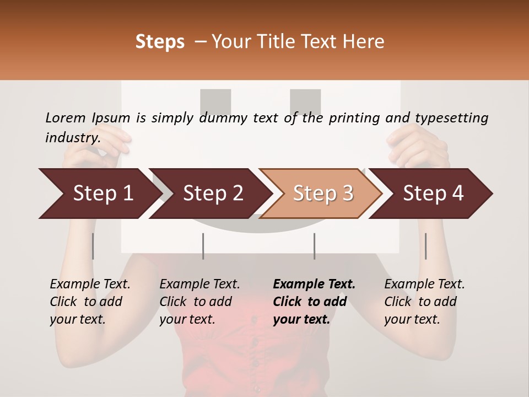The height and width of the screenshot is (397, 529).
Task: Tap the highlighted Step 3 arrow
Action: pyautogui.click(x=322, y=194)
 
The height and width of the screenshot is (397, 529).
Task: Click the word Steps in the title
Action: pyautogui.click(x=160, y=42)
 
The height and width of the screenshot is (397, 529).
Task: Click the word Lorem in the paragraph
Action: pyautogui.click(x=66, y=117)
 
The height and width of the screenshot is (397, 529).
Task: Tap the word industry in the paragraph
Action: pyautogui.click(x=72, y=137)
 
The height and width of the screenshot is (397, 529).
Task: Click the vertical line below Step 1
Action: pyautogui.click(x=93, y=246)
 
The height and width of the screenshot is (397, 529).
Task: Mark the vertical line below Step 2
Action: pyautogui.click(x=203, y=246)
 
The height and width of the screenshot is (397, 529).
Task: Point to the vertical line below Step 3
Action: pyautogui.click(x=314, y=246)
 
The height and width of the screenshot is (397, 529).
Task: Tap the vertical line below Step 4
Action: pyautogui.click(x=425, y=246)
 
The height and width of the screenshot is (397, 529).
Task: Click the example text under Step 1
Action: pyautogui.click(x=90, y=302)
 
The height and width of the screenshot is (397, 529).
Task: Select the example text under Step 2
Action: pyautogui.click(x=199, y=302)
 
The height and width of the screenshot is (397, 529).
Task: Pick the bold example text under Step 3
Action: pyautogui.click(x=314, y=302)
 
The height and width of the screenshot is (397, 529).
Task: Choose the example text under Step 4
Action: pyautogui.click(x=424, y=302)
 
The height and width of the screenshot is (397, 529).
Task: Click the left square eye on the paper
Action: pyautogui.click(x=215, y=102)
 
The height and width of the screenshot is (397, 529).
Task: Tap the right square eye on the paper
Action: pyautogui.click(x=305, y=102)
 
